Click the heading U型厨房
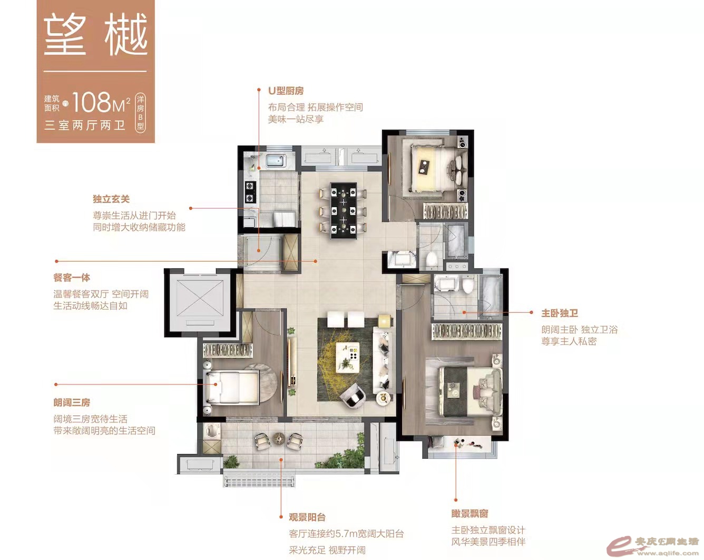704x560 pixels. coord(286,90)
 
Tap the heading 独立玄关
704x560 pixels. coord(111,199)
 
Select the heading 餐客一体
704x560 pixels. coord(72,277)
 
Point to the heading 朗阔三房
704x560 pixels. coord(72,402)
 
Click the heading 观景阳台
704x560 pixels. coord(307,517)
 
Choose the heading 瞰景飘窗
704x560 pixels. coord(470,513)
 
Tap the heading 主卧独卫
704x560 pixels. coord(560,313)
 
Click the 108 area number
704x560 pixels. coord(91,102)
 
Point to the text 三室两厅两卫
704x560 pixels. coord(85,125)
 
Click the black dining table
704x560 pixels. coord(343,211)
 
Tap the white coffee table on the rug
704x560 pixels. coord(347,358)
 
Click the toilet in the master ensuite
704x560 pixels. coord(468,284)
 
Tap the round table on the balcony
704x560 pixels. coord(280,438)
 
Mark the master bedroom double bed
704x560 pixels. coord(470,392)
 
